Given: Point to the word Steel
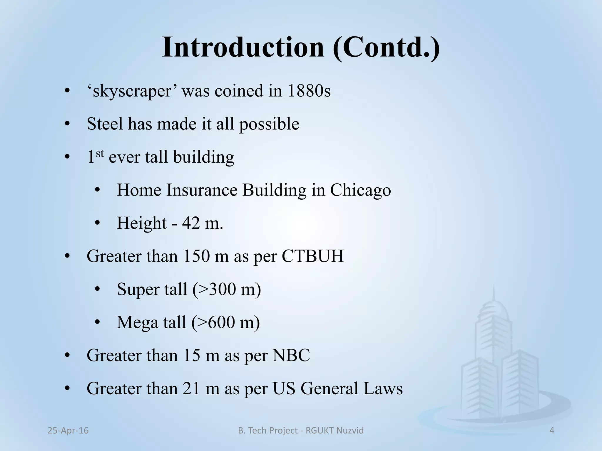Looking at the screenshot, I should [105, 124].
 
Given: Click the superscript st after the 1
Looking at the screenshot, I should [100, 153].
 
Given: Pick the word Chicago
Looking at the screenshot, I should [360, 190].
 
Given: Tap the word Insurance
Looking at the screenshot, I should [202, 190].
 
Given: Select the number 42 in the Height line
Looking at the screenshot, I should [191, 223].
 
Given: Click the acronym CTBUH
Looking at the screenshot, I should [312, 256].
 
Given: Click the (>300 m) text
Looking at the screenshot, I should [227, 289].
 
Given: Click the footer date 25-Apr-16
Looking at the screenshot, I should [68, 430].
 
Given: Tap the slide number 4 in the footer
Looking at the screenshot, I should [552, 430].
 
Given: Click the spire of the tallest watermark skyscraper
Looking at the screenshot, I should [494, 294].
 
